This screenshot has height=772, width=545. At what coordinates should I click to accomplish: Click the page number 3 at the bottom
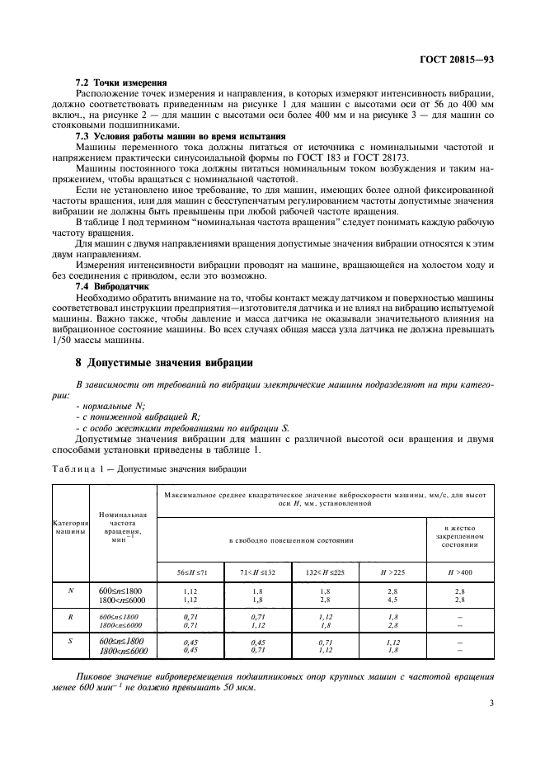(490, 704)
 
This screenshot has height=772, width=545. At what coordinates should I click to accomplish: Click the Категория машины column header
(71, 528)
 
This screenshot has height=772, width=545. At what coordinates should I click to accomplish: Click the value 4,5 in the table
(393, 600)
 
